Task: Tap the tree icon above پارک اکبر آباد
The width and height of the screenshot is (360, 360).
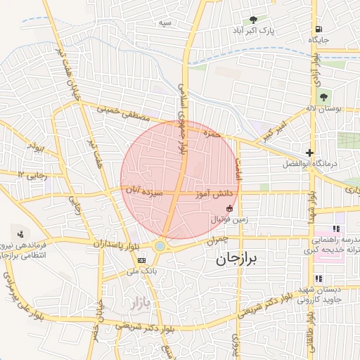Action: [253, 20]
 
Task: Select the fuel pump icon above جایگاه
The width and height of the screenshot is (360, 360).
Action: [319, 29]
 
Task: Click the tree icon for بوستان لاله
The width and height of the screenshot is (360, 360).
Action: [323, 97]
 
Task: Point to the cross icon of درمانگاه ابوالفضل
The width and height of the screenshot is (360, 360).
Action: [309, 153]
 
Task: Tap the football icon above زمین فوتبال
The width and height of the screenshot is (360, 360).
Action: [230, 207]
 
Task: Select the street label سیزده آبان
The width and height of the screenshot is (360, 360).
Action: [145, 189]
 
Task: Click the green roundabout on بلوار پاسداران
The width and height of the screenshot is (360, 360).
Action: [160, 246]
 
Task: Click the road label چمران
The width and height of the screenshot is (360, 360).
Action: [217, 240]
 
